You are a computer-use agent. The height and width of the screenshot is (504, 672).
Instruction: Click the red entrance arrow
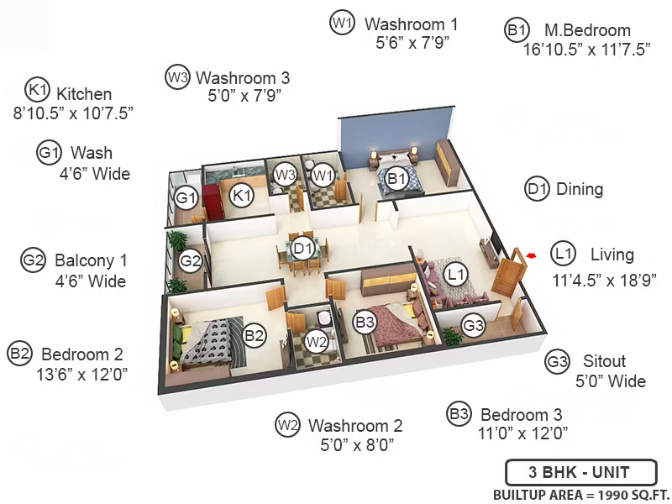coord(531,256)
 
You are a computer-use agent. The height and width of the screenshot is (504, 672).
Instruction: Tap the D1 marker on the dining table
coord(302,249)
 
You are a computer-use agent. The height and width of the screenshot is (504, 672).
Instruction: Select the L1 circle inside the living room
coord(455,275)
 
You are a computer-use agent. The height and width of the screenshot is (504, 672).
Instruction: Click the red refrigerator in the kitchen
coord(212,202)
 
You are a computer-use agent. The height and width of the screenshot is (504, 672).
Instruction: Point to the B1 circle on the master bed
coord(396,178)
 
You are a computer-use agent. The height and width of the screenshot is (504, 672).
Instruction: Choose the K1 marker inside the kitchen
coord(242,196)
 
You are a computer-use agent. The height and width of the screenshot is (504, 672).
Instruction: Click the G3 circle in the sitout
coord(473,326)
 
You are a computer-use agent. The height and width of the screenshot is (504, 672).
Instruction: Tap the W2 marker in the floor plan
coord(317,342)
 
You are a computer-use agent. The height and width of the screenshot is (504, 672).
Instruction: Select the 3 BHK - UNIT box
coord(581,472)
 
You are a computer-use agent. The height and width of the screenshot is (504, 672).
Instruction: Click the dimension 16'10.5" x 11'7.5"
coord(586,50)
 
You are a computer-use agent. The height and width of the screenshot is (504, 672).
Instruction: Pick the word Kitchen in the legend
coord(84,94)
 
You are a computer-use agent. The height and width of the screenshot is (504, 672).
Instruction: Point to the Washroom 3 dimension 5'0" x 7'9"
coord(244,96)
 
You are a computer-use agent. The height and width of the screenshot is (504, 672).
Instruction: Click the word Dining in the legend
coord(580,189)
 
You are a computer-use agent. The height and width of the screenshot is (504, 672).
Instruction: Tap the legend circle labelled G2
coord(33,260)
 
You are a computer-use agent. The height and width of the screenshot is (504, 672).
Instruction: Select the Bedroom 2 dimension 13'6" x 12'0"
coord(81,375)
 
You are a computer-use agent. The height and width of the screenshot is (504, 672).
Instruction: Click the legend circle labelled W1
coord(342,23)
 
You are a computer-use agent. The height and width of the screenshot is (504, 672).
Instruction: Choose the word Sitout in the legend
coord(604,361)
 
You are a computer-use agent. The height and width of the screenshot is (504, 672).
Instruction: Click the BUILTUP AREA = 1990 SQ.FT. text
coord(581,495)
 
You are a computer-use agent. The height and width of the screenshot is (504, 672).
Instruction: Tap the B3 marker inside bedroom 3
coord(365,322)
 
